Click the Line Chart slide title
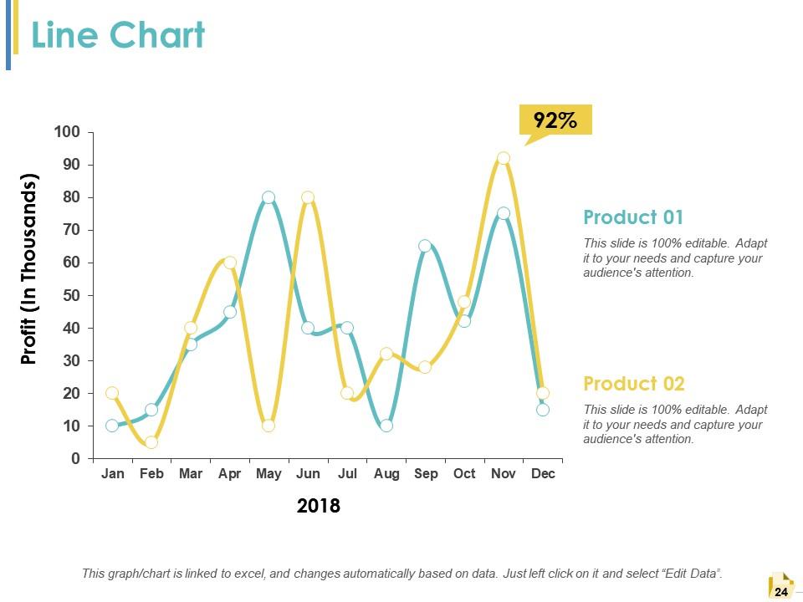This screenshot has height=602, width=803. click(x=118, y=36)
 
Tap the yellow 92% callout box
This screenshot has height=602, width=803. click(x=555, y=120)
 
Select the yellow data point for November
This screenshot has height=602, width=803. click(x=504, y=158)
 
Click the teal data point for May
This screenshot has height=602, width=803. click(x=269, y=197)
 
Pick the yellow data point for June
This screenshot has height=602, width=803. click(x=308, y=197)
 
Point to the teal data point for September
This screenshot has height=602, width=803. click(x=425, y=246)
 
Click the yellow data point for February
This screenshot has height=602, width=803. click(x=151, y=442)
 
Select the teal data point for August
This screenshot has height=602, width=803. click(x=386, y=426)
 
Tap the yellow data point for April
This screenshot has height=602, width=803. click(x=230, y=263)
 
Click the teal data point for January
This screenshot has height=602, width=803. click(x=112, y=426)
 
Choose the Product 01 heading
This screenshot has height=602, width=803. click(x=633, y=217)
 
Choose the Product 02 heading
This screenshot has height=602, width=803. click(x=633, y=384)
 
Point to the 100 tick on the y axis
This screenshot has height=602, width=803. click(x=67, y=132)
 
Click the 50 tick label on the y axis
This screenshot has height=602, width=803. click(x=70, y=295)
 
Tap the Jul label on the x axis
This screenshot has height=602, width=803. click(x=347, y=474)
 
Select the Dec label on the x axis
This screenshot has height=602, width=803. click(x=543, y=474)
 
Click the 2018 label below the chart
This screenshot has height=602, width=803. click(x=319, y=506)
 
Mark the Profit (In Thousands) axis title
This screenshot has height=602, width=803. click(x=30, y=269)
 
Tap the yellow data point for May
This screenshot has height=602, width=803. click(x=269, y=426)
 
